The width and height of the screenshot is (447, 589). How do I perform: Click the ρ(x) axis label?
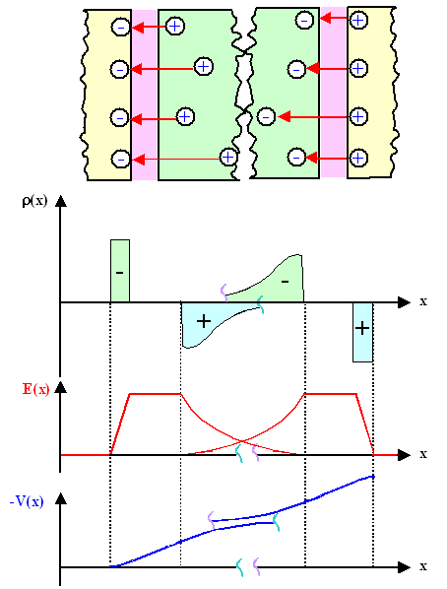34,202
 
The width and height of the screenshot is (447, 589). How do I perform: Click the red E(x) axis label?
35,389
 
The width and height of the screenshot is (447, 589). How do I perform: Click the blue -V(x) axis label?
27,501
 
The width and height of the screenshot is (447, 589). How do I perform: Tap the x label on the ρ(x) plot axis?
423,301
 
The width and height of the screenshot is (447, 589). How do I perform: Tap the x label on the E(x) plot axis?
423,454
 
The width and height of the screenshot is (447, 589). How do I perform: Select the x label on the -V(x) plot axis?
423,566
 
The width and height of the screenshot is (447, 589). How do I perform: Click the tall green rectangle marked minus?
120,271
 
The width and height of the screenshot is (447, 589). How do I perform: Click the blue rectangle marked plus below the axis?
362,332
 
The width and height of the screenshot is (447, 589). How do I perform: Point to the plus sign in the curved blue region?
204,321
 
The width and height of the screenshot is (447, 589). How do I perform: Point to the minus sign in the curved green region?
286,282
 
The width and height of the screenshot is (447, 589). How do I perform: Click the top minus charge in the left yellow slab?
120,27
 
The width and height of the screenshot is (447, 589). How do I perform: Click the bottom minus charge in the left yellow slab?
120,159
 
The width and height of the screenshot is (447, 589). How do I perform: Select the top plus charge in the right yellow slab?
358,20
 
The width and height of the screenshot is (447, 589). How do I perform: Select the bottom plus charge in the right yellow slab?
358,158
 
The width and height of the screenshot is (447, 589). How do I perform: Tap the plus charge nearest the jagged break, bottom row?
228,157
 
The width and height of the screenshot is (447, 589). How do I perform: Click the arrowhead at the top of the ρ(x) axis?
60,201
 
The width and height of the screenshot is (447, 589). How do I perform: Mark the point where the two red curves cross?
242,440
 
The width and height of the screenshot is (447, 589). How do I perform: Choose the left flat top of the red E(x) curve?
156,394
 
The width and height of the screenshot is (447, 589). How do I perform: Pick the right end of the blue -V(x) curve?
373,477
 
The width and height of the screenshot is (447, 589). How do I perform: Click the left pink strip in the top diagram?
145,95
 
